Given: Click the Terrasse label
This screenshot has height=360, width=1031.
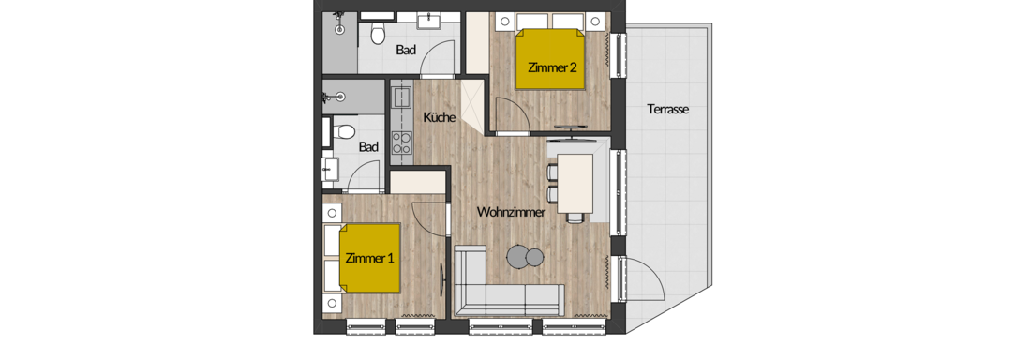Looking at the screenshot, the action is (667, 110).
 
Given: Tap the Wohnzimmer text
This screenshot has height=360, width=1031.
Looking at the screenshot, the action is (512, 212).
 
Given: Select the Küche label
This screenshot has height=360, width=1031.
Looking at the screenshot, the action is (440, 118).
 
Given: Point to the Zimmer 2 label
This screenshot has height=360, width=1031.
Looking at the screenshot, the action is (553, 67).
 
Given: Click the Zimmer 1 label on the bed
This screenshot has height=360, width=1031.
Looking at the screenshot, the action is (369, 258).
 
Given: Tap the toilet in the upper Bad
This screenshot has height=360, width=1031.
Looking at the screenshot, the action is (378, 34).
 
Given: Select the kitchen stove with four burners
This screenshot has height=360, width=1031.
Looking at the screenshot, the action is (401, 142).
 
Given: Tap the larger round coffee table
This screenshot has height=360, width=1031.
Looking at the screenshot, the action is (518, 256).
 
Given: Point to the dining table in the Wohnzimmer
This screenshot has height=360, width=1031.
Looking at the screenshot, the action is (575, 184).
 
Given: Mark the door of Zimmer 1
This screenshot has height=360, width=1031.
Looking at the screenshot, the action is (431, 217).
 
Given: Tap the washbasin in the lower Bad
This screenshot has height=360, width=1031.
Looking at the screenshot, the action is (331, 169).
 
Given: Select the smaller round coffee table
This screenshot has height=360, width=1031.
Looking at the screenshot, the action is (535, 257).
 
